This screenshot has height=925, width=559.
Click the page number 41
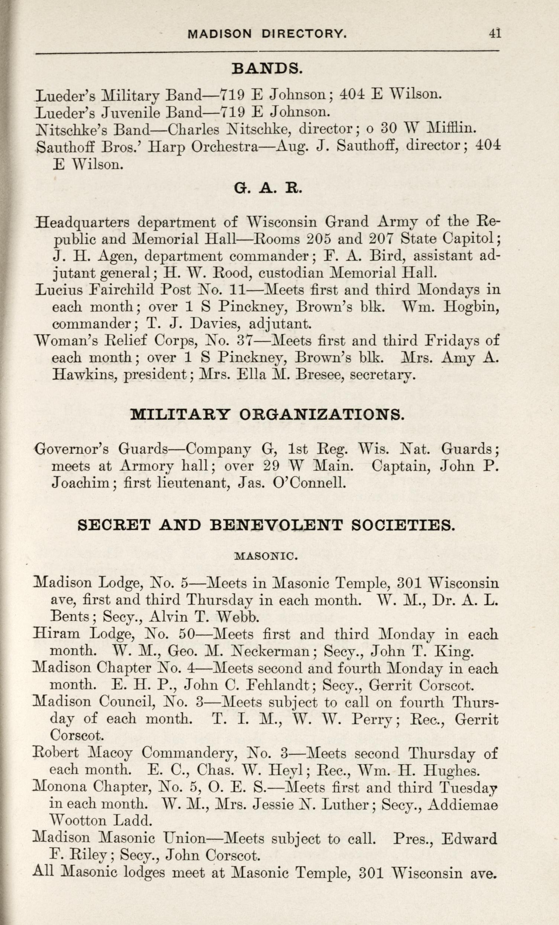click(x=495, y=33)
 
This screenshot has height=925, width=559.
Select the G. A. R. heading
click(x=268, y=188)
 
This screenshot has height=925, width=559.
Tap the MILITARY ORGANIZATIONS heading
click(x=267, y=415)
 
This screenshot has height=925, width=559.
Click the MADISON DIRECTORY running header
click(x=267, y=34)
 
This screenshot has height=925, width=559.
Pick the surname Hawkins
click(x=85, y=374)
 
